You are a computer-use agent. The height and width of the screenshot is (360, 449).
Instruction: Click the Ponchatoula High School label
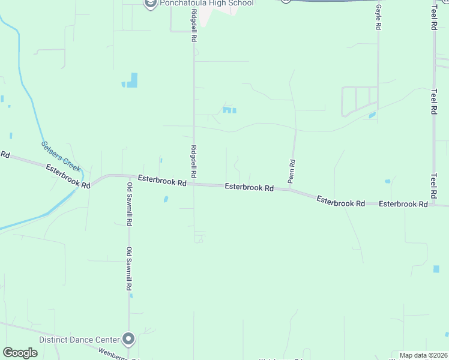tap(207, 4)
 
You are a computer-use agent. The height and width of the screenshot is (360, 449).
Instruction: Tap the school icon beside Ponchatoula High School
tap(151, 4)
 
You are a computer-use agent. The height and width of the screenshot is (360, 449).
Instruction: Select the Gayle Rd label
tap(379, 19)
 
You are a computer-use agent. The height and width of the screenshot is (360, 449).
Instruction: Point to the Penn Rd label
tap(292, 170)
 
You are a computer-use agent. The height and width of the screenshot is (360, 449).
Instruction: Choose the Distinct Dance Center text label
tap(78, 340)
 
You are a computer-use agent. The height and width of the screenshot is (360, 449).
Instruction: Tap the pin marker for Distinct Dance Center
tap(128, 340)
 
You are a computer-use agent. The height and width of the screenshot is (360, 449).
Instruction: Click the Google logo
tap(20, 353)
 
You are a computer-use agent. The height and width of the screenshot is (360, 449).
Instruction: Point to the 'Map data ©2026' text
tap(423, 355)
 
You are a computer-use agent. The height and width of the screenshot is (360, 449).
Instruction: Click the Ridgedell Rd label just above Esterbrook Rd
tap(193, 161)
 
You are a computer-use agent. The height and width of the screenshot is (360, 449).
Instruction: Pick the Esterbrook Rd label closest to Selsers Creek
tap(68, 176)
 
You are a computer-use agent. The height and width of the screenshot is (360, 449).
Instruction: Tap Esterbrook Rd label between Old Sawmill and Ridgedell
tap(162, 179)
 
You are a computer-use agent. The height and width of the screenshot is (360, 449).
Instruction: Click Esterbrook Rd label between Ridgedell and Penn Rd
tap(249, 187)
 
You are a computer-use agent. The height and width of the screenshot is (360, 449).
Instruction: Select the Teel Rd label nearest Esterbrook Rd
tap(433, 186)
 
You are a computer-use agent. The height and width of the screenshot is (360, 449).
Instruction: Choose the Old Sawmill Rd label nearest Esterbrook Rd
tap(129, 204)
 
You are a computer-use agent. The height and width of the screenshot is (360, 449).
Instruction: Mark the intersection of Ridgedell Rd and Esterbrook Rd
tap(193, 184)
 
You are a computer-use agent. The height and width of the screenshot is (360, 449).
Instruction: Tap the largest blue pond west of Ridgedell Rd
tap(132, 80)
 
